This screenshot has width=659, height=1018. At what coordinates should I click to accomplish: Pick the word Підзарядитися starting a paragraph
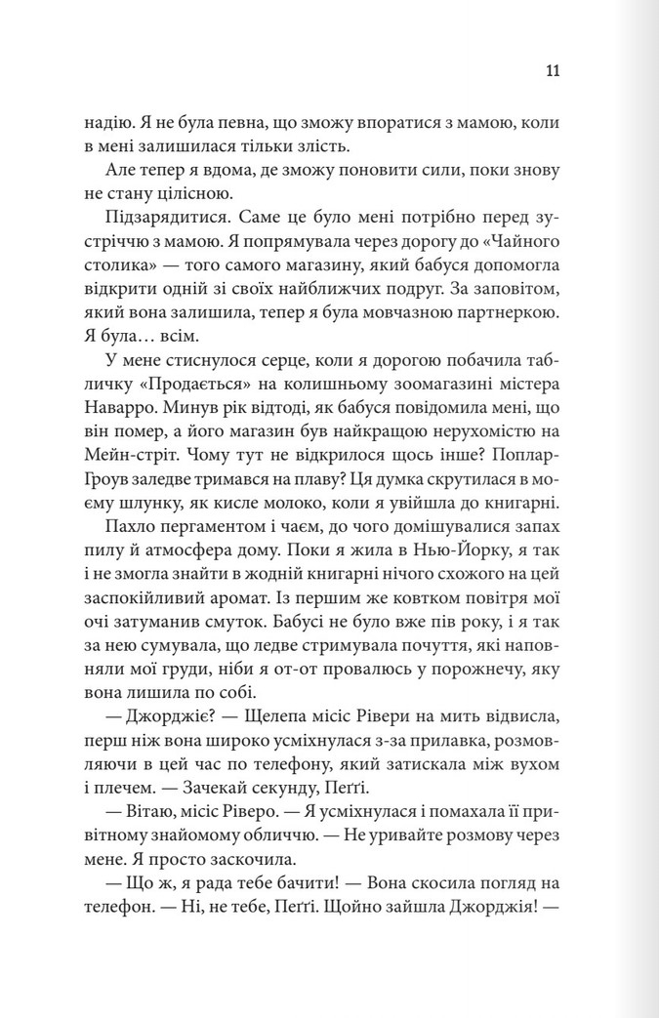(x=172, y=226)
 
